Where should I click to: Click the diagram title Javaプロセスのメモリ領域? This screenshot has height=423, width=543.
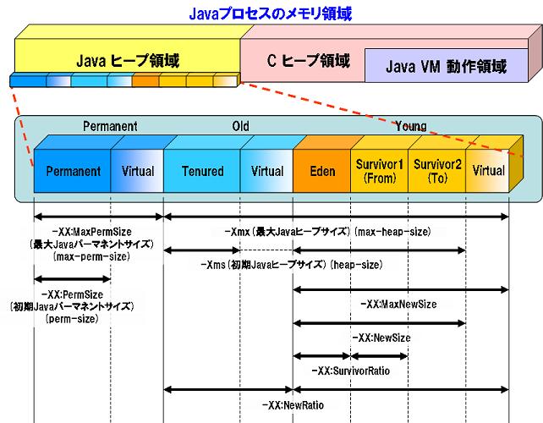point(271,14)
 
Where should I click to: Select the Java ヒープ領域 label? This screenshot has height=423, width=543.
point(128,61)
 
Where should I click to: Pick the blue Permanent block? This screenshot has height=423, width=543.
point(74,171)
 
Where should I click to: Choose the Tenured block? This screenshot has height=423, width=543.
point(203,171)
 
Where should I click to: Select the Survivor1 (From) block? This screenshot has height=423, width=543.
point(379,171)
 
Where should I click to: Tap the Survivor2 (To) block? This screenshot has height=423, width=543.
point(437,171)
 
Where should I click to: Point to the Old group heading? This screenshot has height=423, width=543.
point(240,126)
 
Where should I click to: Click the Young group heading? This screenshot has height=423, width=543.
point(410,126)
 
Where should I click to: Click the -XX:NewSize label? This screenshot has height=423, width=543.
point(380,337)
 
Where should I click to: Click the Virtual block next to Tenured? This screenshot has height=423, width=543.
point(267,171)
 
